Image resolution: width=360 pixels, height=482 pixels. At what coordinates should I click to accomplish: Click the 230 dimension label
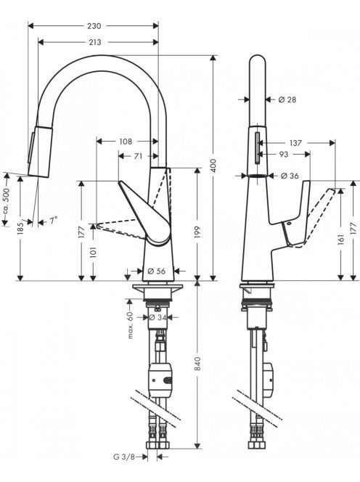[94, 26]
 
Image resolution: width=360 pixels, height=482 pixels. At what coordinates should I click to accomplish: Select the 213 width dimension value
[94, 42]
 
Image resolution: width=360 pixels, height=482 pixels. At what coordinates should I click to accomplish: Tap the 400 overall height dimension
[213, 166]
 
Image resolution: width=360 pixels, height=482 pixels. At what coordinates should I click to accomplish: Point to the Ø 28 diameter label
[287, 99]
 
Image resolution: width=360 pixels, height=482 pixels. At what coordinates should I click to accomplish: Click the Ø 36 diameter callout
[290, 176]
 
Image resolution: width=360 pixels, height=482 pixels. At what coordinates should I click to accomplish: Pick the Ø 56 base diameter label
[156, 271]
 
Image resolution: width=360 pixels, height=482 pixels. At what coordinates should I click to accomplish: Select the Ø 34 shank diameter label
[157, 317]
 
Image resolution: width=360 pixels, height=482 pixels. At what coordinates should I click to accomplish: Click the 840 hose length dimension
[197, 364]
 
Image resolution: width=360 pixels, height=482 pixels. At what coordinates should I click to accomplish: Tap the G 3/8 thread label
[124, 457]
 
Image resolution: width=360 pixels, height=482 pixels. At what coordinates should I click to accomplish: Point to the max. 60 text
[131, 325]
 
